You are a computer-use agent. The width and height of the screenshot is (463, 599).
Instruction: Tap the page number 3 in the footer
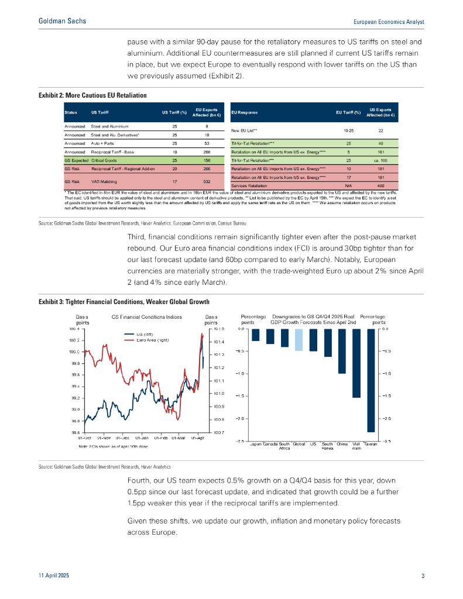click(423, 577)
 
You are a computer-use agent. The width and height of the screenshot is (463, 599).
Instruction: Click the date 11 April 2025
click(54, 577)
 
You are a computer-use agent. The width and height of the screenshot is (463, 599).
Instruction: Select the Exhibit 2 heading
click(92, 95)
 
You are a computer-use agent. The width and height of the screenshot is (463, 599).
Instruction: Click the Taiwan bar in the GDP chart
click(371, 380)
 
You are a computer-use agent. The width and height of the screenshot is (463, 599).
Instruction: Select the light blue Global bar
click(299, 340)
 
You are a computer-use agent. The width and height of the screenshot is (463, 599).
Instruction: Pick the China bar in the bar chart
click(342, 351)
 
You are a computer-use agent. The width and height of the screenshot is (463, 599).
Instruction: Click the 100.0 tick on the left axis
click(74, 352)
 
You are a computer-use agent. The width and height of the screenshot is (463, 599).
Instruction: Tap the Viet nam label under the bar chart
click(356, 446)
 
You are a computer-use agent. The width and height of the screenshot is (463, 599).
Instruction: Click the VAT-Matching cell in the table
click(104, 182)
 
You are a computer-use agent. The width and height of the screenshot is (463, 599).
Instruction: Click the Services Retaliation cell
click(258, 186)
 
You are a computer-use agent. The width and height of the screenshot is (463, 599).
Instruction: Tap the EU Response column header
click(245, 112)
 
